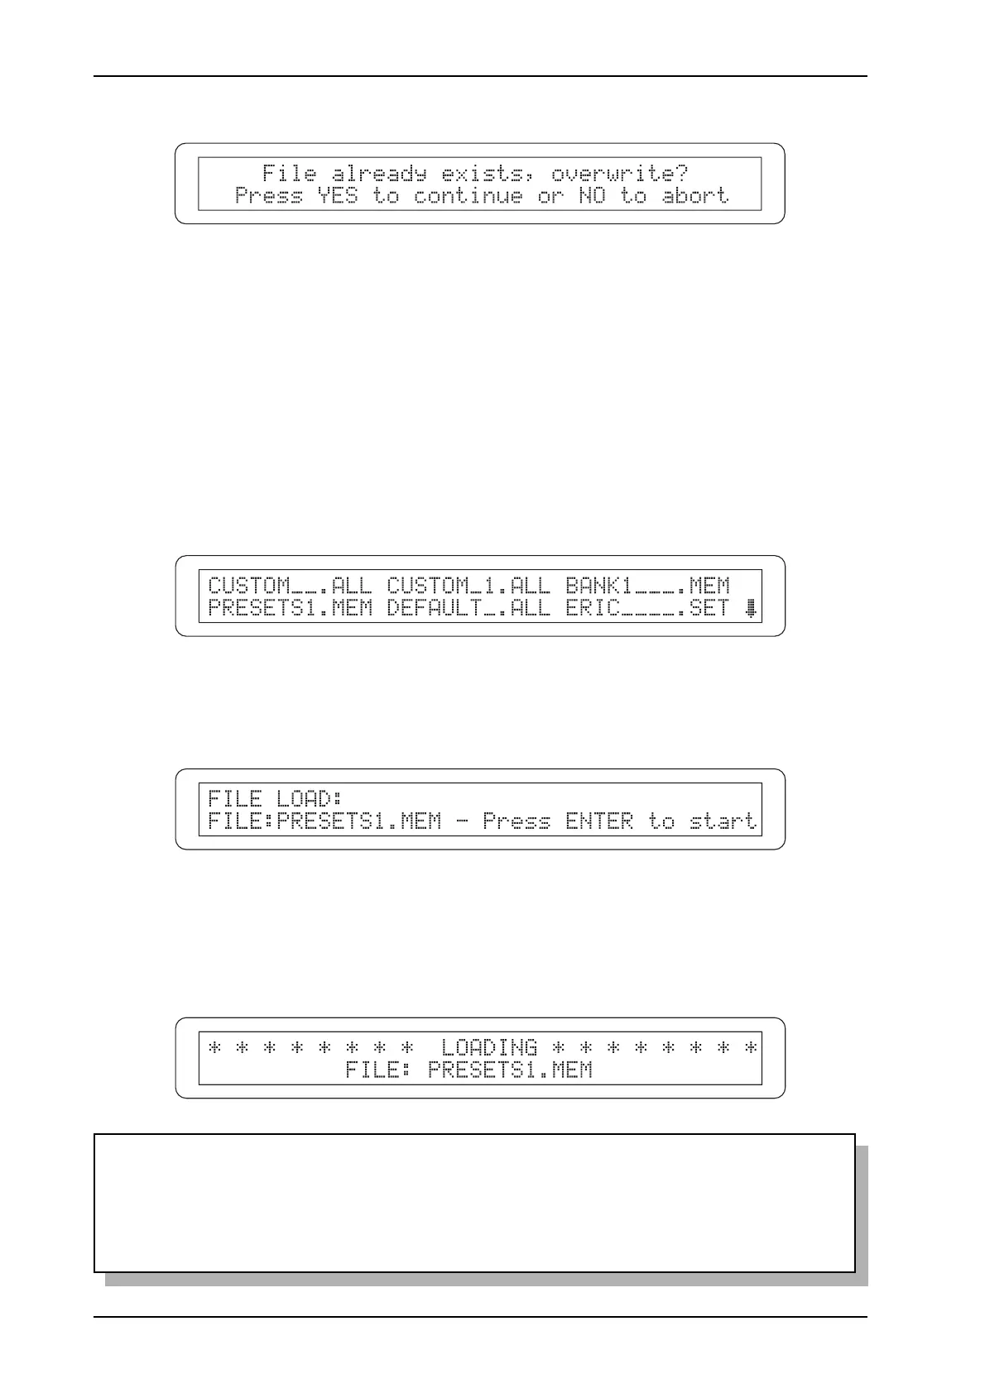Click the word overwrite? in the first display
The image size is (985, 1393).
(619, 174)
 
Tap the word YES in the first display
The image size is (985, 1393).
(338, 196)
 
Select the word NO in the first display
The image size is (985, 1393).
(592, 196)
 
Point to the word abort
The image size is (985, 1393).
(695, 196)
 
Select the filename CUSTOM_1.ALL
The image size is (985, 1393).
(468, 586)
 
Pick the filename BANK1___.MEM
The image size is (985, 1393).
(647, 586)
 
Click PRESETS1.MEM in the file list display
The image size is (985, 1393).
(290, 609)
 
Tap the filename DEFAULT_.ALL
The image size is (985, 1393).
(468, 609)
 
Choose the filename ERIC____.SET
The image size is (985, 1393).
(647, 609)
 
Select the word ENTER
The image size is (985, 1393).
(599, 821)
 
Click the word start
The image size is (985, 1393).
(723, 821)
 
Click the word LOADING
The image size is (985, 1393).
(489, 1048)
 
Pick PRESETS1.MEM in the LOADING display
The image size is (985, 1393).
(510, 1070)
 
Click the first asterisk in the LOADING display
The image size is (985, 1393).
(215, 1048)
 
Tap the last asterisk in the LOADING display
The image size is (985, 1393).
(751, 1048)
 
